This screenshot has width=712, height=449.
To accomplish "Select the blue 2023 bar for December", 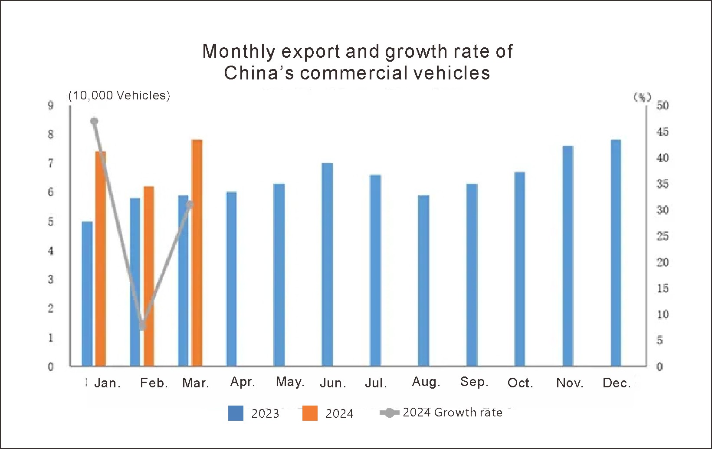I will coord(616,253).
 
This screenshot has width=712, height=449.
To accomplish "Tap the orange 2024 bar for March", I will coord(197,253).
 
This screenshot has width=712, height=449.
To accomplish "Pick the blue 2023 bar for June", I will coord(327,264).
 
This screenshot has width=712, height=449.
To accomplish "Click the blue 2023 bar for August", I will coord(423,281).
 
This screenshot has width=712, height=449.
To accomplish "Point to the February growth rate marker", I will coord(142,326).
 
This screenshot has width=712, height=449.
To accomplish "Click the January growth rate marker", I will coord(94,121).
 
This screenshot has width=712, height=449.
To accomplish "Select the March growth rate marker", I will coord(190,204).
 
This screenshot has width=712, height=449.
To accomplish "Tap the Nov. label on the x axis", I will coord(570,383).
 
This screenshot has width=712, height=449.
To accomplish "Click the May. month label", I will coord(290,382).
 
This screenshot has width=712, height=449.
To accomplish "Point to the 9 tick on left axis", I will coord(51,106).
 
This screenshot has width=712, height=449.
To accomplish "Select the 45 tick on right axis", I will coord(662,132).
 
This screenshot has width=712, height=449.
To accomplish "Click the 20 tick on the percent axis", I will coord(662,262).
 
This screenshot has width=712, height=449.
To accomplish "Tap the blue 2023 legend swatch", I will coord(236,413).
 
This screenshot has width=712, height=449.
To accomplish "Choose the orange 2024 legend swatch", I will coord(310,413).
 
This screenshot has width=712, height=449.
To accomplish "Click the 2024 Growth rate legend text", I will coord(452,413).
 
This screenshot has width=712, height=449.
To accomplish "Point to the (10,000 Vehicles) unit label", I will coord(119,96).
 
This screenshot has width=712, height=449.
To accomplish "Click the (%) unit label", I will coord(642,97).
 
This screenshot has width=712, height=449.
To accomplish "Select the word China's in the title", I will coord(259,73).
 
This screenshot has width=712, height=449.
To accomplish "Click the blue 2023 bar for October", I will coord(519,269).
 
